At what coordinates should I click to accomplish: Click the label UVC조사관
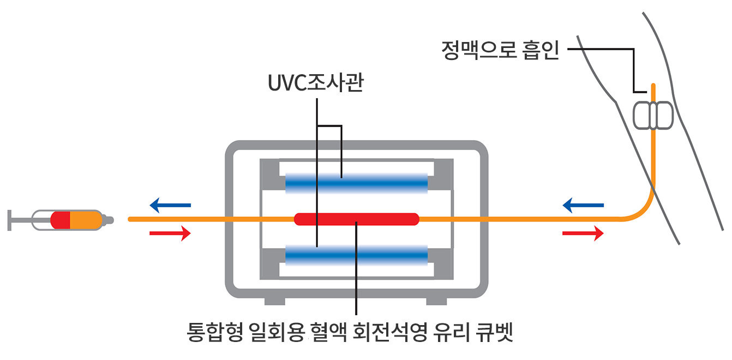pos(315,82)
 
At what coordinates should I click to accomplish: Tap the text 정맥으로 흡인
pos(500,50)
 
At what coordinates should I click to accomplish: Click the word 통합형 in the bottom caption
pos(215,332)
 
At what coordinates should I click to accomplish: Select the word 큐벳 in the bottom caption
pos(494,332)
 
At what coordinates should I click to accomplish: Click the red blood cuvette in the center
pos(357,219)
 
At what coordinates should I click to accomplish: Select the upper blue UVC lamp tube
pos(357,183)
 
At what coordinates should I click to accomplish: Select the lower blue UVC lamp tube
pos(357,255)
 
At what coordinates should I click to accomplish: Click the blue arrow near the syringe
pos(170,205)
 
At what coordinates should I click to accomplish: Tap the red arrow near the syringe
pos(170,233)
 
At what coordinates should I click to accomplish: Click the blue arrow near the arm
pos(583,205)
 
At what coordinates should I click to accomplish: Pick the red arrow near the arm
pos(583,233)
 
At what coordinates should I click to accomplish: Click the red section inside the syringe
pos(61,220)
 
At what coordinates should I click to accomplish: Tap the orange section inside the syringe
pos(86,220)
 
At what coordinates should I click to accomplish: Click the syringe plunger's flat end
pos(9,220)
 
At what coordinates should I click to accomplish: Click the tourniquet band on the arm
pos(653,115)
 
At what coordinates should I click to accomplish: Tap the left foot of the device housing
pos(274,301)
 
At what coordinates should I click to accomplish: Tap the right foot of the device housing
pos(436,301)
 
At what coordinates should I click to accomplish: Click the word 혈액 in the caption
pos(329,332)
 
